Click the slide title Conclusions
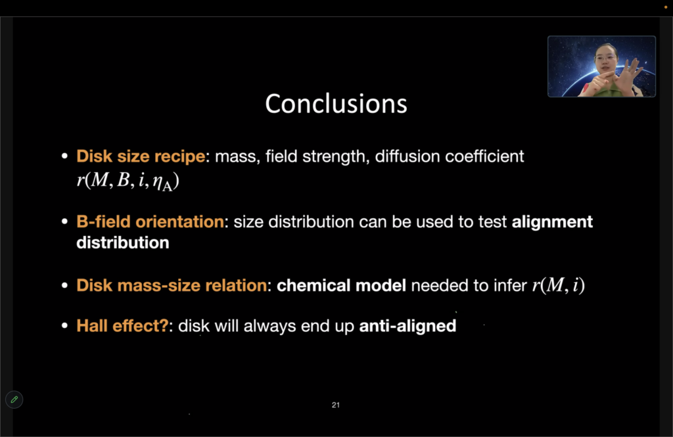click(336, 104)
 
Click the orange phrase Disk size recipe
click(141, 156)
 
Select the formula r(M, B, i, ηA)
click(128, 181)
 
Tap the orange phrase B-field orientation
click(151, 222)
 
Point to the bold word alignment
click(552, 222)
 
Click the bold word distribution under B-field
click(123, 242)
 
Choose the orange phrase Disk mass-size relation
click(172, 285)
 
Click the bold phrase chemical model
click(341, 285)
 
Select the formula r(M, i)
click(559, 285)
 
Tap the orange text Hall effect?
click(122, 326)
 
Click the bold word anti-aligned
click(407, 326)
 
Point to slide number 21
click(336, 405)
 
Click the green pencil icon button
click(14, 400)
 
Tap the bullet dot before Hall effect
click(65, 326)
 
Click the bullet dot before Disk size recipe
click(65, 156)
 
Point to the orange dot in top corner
click(666, 7)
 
